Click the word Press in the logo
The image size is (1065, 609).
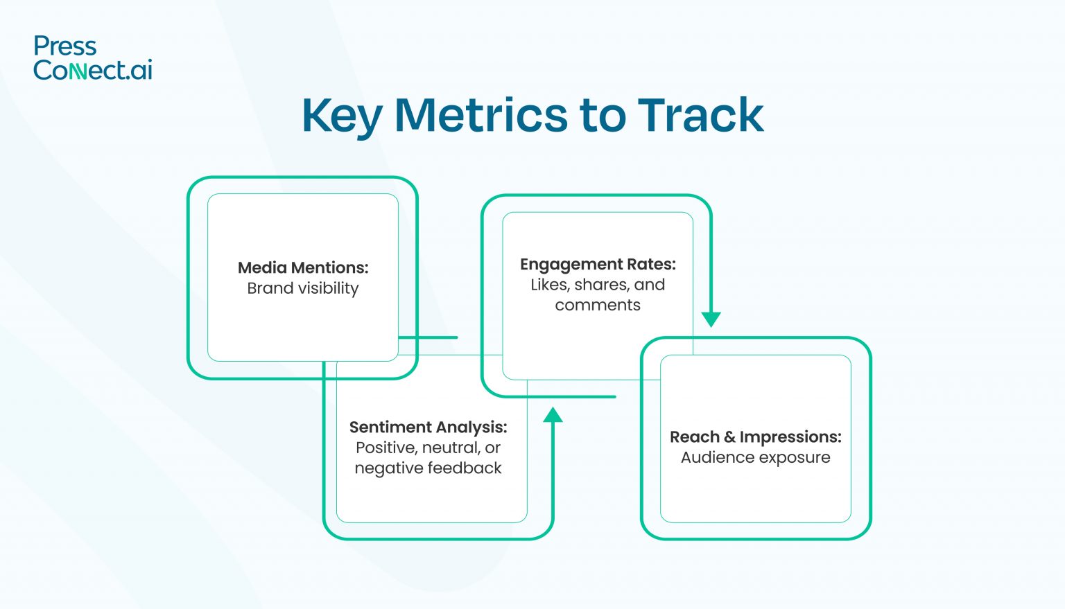pyautogui.click(x=65, y=46)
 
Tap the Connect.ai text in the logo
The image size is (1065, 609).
pyautogui.click(x=93, y=70)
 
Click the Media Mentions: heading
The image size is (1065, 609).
pyautogui.click(x=303, y=267)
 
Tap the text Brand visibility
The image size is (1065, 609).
pyautogui.click(x=303, y=288)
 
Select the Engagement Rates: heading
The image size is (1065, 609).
pyautogui.click(x=598, y=264)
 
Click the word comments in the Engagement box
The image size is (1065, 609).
pyautogui.click(x=598, y=305)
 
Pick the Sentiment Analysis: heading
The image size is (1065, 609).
pyautogui.click(x=428, y=427)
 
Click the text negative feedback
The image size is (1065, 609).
pyautogui.click(x=428, y=468)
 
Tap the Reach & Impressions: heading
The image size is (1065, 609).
pyautogui.click(x=755, y=437)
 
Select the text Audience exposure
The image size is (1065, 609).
pyautogui.click(x=755, y=457)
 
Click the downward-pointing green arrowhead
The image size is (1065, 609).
pyautogui.click(x=711, y=319)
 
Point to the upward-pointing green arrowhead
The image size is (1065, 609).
pyautogui.click(x=553, y=415)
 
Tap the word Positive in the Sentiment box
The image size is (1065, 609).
pyautogui.click(x=386, y=448)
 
